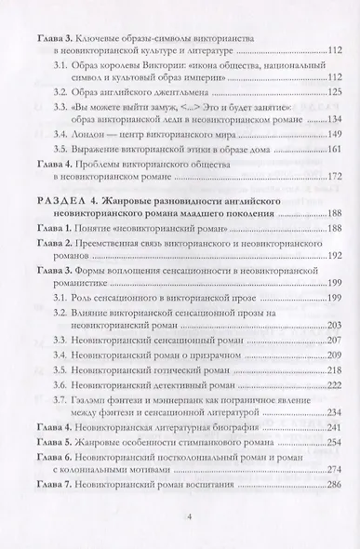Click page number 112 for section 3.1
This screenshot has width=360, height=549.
coord(319,78)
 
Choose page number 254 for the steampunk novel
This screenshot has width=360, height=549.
coord(319,442)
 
